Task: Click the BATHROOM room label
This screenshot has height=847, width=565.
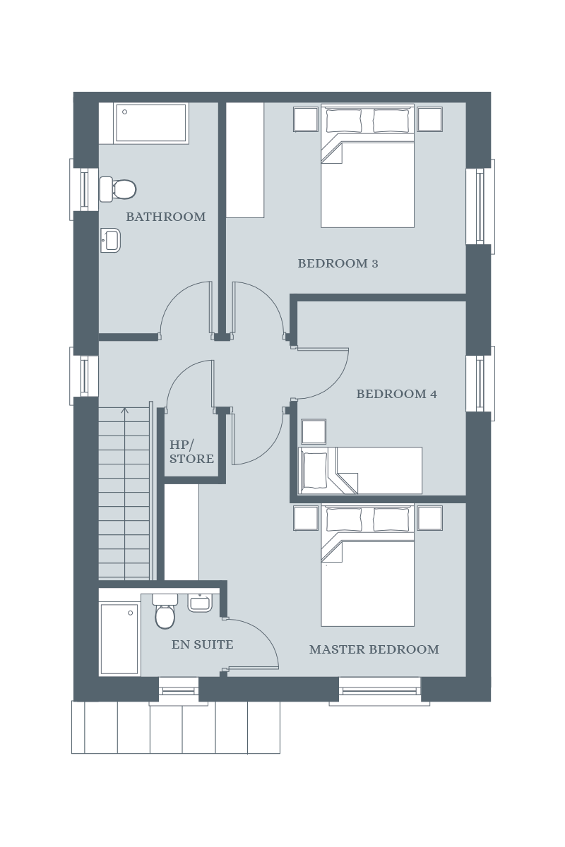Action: (x=166, y=217)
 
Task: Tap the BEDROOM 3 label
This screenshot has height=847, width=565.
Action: (x=338, y=263)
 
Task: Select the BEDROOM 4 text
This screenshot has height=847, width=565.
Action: (x=397, y=394)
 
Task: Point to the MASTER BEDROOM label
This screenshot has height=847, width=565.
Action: (x=374, y=649)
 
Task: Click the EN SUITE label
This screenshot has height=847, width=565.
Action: (x=203, y=644)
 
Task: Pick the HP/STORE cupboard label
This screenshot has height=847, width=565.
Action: (x=191, y=452)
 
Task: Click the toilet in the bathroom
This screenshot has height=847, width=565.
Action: (x=118, y=188)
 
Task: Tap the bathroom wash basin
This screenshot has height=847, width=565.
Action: (x=110, y=240)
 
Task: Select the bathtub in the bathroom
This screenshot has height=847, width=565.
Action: (x=151, y=124)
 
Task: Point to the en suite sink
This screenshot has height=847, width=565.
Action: (x=201, y=603)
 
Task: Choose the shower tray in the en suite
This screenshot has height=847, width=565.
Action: (x=119, y=639)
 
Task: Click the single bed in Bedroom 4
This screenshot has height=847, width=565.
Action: (x=360, y=470)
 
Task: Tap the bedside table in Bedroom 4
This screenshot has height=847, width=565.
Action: (x=314, y=431)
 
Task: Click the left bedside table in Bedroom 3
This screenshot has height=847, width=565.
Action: (x=305, y=119)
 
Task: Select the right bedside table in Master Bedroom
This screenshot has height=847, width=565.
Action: (x=430, y=518)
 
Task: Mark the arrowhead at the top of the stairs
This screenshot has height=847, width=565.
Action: (x=125, y=409)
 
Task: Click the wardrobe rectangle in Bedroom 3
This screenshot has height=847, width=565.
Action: (x=245, y=160)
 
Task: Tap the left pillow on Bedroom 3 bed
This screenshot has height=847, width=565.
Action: (x=344, y=121)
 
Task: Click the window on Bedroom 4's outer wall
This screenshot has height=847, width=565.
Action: (x=480, y=383)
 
